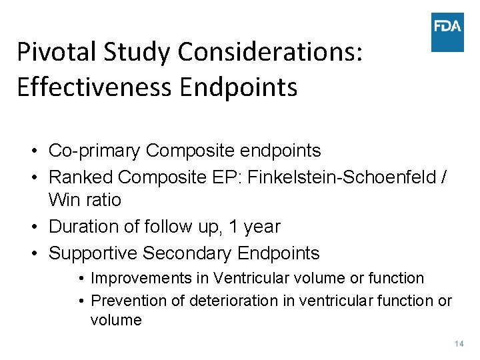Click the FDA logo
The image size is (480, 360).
click(447, 32)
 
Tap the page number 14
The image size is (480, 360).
click(459, 344)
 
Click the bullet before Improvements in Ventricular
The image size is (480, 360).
click(80, 278)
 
